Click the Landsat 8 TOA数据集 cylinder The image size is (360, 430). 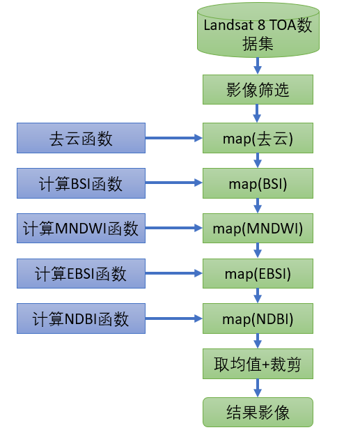tap(258, 30)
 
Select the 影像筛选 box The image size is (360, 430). tap(258, 90)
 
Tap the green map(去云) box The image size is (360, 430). tap(258, 138)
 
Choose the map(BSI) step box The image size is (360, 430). tap(258, 183)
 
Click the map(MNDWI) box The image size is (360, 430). tap(258, 228)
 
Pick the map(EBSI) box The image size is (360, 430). tap(258, 273)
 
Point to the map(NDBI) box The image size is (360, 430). tap(258, 318)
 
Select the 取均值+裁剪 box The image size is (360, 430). tap(258, 364)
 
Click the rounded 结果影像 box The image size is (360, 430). tap(258, 412)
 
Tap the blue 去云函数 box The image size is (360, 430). tap(81, 138)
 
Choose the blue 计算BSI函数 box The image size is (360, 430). tap(81, 183)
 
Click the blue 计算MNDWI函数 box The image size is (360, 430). tap(81, 228)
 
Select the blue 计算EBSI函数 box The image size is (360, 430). tap(81, 273)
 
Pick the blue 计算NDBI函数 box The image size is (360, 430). tap(81, 318)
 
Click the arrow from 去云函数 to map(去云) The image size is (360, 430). tap(174, 138)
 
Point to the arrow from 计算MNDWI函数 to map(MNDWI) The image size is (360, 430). tap(174, 228)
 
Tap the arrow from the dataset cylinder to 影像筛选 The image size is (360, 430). tap(258, 66)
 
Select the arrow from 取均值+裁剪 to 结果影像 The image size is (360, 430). tap(258, 388)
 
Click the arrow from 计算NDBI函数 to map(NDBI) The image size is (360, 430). tap(174, 318)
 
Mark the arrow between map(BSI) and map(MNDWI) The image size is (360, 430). tap(258, 206)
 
